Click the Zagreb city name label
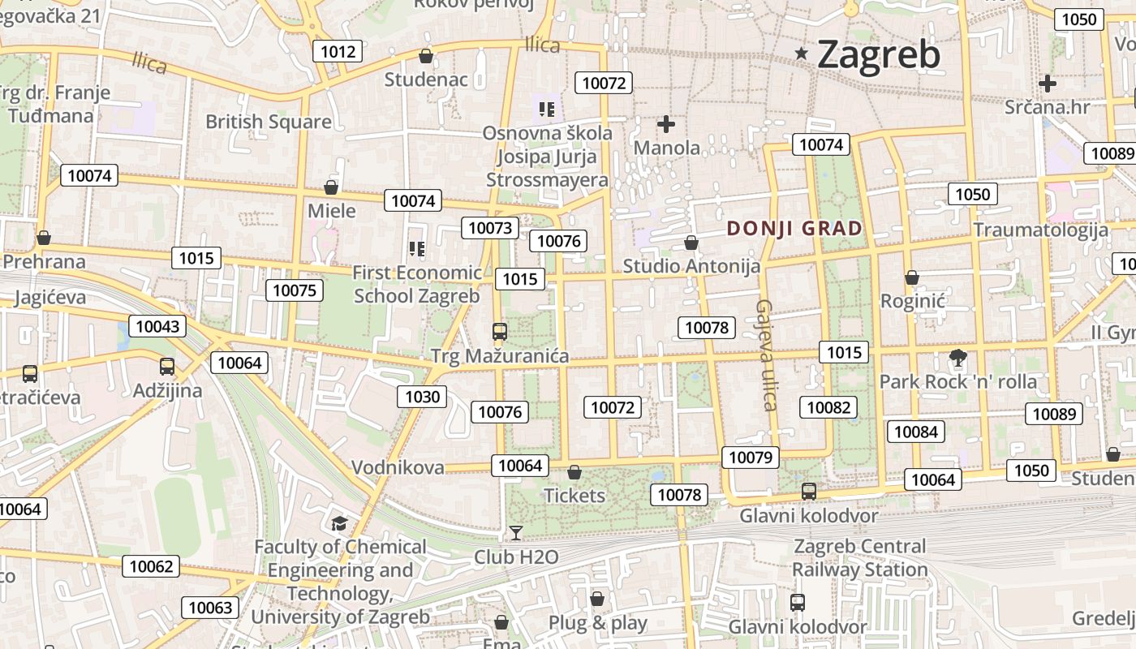pyautogui.click(x=879, y=55)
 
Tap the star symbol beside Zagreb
pyautogui.click(x=802, y=54)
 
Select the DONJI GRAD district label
pyautogui.click(x=794, y=228)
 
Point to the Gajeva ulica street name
pyautogui.click(x=767, y=355)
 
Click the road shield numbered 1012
pyautogui.click(x=338, y=52)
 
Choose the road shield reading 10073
pyautogui.click(x=490, y=228)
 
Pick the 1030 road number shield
pyautogui.click(x=422, y=397)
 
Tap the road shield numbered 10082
pyautogui.click(x=828, y=407)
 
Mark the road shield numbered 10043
pyautogui.click(x=157, y=326)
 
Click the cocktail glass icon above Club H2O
pyautogui.click(x=515, y=533)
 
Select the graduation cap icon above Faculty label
pyautogui.click(x=339, y=524)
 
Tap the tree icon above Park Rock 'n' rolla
pyautogui.click(x=957, y=356)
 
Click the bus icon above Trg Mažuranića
pyautogui.click(x=499, y=331)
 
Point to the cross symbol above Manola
pyautogui.click(x=666, y=124)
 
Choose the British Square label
pyautogui.click(x=268, y=122)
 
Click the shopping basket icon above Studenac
pyautogui.click(x=425, y=56)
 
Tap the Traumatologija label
pyautogui.click(x=1040, y=230)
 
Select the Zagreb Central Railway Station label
pyautogui.click(x=859, y=558)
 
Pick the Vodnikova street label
pyautogui.click(x=398, y=467)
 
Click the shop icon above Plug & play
pyautogui.click(x=597, y=599)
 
